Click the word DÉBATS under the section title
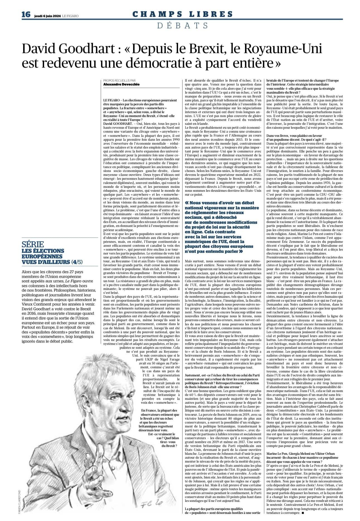[183, 25]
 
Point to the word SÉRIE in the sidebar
[33, 245]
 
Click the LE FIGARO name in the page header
[70, 16]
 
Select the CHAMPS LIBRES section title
[183, 14]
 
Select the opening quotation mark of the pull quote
[187, 202]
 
